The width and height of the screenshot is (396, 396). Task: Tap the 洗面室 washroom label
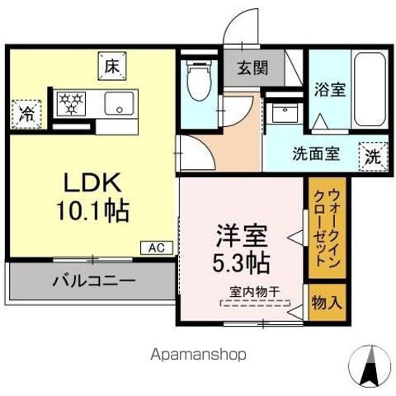tap(315, 153)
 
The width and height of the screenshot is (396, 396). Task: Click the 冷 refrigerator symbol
tap(27, 114)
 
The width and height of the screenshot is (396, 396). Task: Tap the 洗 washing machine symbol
tap(373, 155)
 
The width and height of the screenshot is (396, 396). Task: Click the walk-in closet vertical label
tap(325, 232)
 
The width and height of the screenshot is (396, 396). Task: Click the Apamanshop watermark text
tap(198, 355)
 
